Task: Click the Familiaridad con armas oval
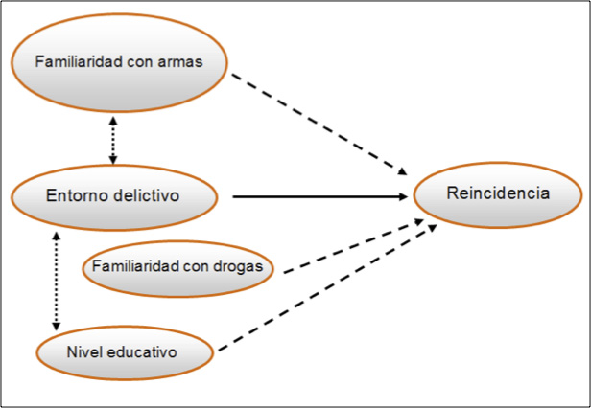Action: coord(119,63)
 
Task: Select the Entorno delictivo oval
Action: coord(114,197)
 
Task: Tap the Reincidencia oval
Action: coord(497,194)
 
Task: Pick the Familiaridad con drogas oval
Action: coord(180,265)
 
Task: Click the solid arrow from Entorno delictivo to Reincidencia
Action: coord(317,197)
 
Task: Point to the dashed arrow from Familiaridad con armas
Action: coord(317,120)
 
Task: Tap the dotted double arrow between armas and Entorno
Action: coord(113,139)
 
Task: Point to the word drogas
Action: coord(239,265)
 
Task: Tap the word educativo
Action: coord(146,352)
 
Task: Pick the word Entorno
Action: coord(76,197)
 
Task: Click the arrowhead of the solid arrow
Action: coord(403,197)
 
